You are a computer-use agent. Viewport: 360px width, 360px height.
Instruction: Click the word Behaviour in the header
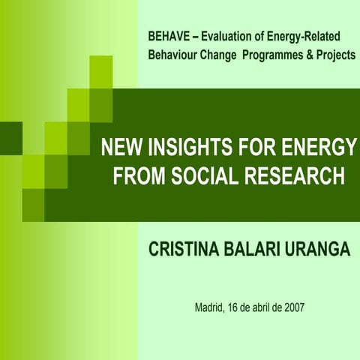coord(174,55)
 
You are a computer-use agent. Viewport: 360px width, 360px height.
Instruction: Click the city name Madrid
coord(208,307)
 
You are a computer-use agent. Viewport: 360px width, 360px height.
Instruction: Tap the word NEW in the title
coord(120,147)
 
